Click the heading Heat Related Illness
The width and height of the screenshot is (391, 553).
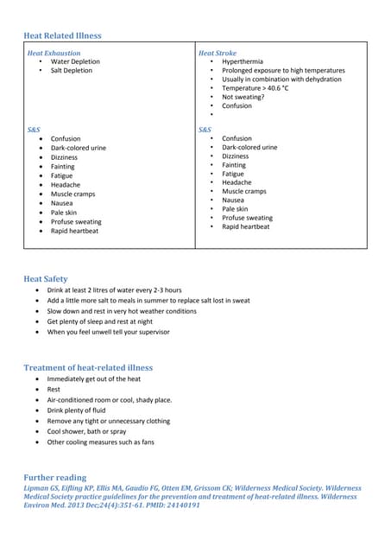pyautogui.click(x=62, y=35)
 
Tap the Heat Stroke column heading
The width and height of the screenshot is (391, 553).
pyautogui.click(x=217, y=53)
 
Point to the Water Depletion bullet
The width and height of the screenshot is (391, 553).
pyautogui.click(x=75, y=61)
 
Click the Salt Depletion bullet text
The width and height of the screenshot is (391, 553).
pyautogui.click(x=71, y=70)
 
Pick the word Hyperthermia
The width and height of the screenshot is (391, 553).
pyautogui.click(x=244, y=61)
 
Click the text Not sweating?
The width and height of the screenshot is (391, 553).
pyautogui.click(x=243, y=97)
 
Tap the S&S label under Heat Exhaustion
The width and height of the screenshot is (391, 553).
pyautogui.click(x=34, y=129)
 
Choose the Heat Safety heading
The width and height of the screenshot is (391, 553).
pyautogui.click(x=45, y=279)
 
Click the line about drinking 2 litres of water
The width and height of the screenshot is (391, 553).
pyautogui.click(x=114, y=289)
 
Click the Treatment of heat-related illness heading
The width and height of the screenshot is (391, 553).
pyautogui.click(x=88, y=368)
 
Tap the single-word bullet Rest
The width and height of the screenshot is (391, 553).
pyautogui.click(x=54, y=390)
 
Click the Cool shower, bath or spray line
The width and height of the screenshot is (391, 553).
pyautogui.click(x=86, y=431)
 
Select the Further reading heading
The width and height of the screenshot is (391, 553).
pyautogui.click(x=55, y=477)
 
